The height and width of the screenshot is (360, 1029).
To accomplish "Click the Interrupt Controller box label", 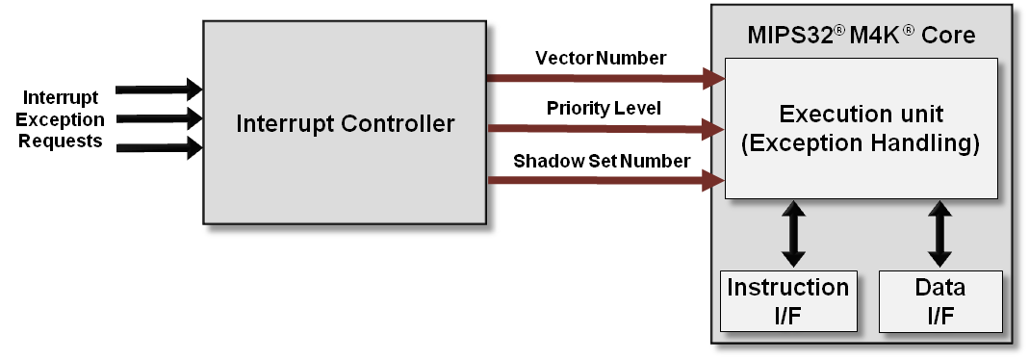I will [x=346, y=123].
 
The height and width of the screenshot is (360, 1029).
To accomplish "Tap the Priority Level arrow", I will [x=606, y=127].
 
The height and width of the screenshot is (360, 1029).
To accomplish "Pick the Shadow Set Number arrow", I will [x=606, y=180].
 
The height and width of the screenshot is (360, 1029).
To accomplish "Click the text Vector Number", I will [x=601, y=58].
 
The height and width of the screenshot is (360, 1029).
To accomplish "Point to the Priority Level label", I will [x=604, y=108].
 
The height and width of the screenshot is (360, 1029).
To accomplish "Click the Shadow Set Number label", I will [x=601, y=161].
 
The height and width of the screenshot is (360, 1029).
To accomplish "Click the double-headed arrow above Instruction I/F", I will [x=793, y=234].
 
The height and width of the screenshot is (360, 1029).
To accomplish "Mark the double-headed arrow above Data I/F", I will [x=940, y=234].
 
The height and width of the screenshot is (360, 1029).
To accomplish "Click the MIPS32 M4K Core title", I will [x=862, y=37].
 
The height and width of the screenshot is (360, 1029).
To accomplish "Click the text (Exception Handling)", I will [x=862, y=145].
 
